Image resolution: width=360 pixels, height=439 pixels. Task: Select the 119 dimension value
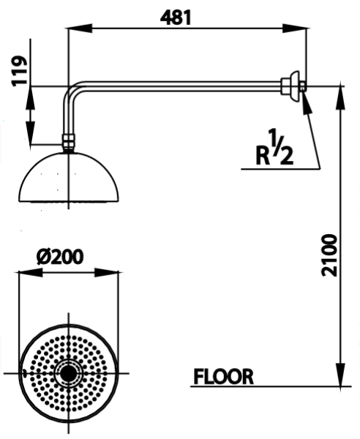pos(20,71)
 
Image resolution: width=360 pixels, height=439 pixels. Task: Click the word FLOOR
pos(223,377)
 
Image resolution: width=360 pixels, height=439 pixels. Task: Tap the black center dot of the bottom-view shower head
pos(69,373)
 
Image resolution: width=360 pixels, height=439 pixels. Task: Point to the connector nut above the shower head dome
pos(68,141)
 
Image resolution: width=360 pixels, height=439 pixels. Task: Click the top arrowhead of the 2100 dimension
pos(340,95)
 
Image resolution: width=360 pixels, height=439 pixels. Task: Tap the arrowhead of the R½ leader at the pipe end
pos(304,98)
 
